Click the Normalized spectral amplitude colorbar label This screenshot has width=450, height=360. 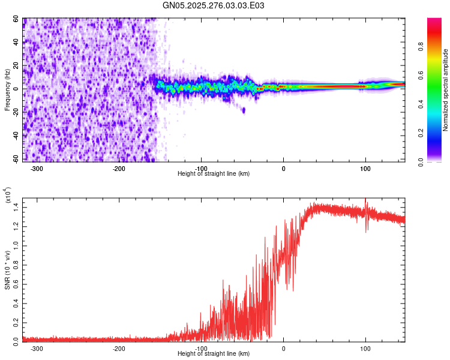click(446, 90)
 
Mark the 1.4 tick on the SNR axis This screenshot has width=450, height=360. click(15, 206)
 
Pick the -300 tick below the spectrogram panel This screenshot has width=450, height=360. click(37, 168)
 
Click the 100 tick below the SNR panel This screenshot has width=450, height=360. click(365, 348)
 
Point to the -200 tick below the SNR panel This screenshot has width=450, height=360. click(119, 348)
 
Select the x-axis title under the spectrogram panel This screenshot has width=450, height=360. click(214, 174)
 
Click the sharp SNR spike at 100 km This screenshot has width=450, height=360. click(365, 202)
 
